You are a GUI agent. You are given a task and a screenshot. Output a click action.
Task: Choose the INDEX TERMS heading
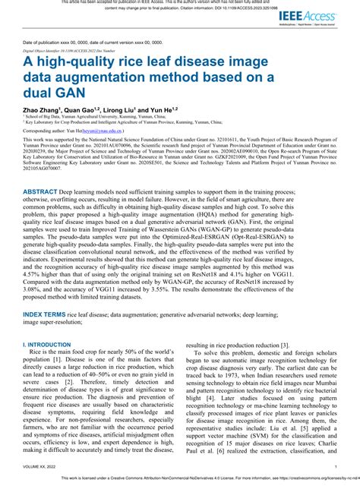(43, 313)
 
